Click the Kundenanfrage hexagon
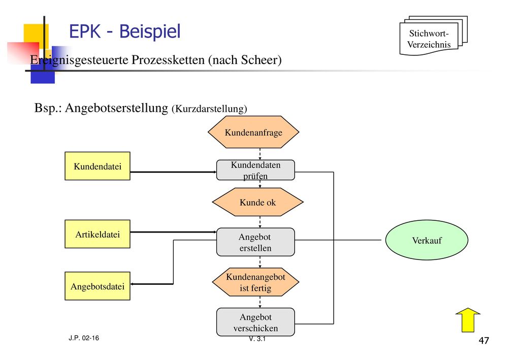(253, 132)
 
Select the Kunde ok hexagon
(257, 202)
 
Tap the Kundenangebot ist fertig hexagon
(256, 282)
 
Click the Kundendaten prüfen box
(255, 170)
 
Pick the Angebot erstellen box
(255, 242)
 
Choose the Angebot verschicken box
(255, 322)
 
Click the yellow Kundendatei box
(97, 166)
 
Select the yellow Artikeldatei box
(97, 234)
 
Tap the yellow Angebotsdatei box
(97, 286)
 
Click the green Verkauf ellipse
(427, 240)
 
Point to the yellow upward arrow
(468, 320)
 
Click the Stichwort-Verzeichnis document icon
(434, 36)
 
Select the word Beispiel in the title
(150, 31)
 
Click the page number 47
(484, 340)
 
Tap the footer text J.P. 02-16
(84, 338)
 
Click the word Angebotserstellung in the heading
(116, 108)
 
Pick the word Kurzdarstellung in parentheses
(209, 109)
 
